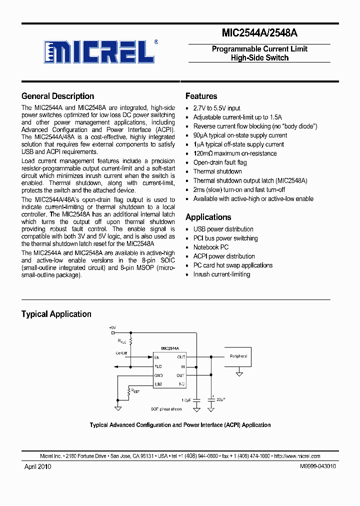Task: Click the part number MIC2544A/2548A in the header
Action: (259, 33)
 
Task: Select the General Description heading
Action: (57, 96)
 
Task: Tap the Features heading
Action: (201, 96)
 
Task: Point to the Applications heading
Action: (208, 217)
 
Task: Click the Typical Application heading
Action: (56, 314)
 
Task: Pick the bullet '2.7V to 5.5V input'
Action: (216, 108)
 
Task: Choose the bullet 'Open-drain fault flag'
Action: (219, 162)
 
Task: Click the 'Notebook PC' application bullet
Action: (210, 247)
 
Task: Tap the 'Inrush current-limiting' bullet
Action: (221, 274)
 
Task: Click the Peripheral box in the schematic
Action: (238, 357)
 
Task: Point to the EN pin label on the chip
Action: (157, 357)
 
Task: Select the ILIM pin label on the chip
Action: (158, 384)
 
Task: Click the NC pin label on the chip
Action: (182, 384)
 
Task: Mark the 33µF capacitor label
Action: (220, 399)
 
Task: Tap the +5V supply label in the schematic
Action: (112, 327)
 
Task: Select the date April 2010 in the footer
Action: (38, 466)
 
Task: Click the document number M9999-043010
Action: (318, 466)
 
